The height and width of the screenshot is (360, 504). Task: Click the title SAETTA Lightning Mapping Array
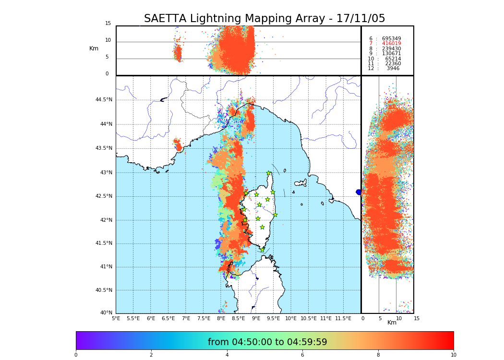point(264,19)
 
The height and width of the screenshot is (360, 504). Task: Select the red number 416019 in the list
point(391,44)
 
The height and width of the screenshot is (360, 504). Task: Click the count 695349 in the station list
point(391,38)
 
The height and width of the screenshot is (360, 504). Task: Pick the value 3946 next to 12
point(393,69)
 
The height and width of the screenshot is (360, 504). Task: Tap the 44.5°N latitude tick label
point(104,100)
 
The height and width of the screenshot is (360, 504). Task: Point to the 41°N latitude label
point(105,267)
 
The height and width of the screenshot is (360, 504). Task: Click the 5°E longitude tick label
point(116,318)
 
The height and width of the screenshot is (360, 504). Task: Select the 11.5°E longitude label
point(343,318)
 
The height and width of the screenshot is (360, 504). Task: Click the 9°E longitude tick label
point(256,318)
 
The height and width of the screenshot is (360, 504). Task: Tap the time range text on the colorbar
point(267,342)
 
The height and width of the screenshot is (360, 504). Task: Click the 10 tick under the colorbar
point(453,355)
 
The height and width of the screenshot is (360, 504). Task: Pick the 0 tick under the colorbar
point(76,355)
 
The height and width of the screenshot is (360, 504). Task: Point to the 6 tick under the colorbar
point(302,355)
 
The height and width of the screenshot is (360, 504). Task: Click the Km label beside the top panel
point(94,48)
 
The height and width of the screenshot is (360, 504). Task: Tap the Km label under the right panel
point(392,323)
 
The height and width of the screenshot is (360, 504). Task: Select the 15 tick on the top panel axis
point(108,24)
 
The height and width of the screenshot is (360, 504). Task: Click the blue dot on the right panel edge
point(359,192)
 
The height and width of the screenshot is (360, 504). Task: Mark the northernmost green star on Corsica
point(269,173)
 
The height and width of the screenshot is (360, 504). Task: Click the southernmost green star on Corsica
point(262,250)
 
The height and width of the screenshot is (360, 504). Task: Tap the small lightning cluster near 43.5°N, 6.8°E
point(178,144)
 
